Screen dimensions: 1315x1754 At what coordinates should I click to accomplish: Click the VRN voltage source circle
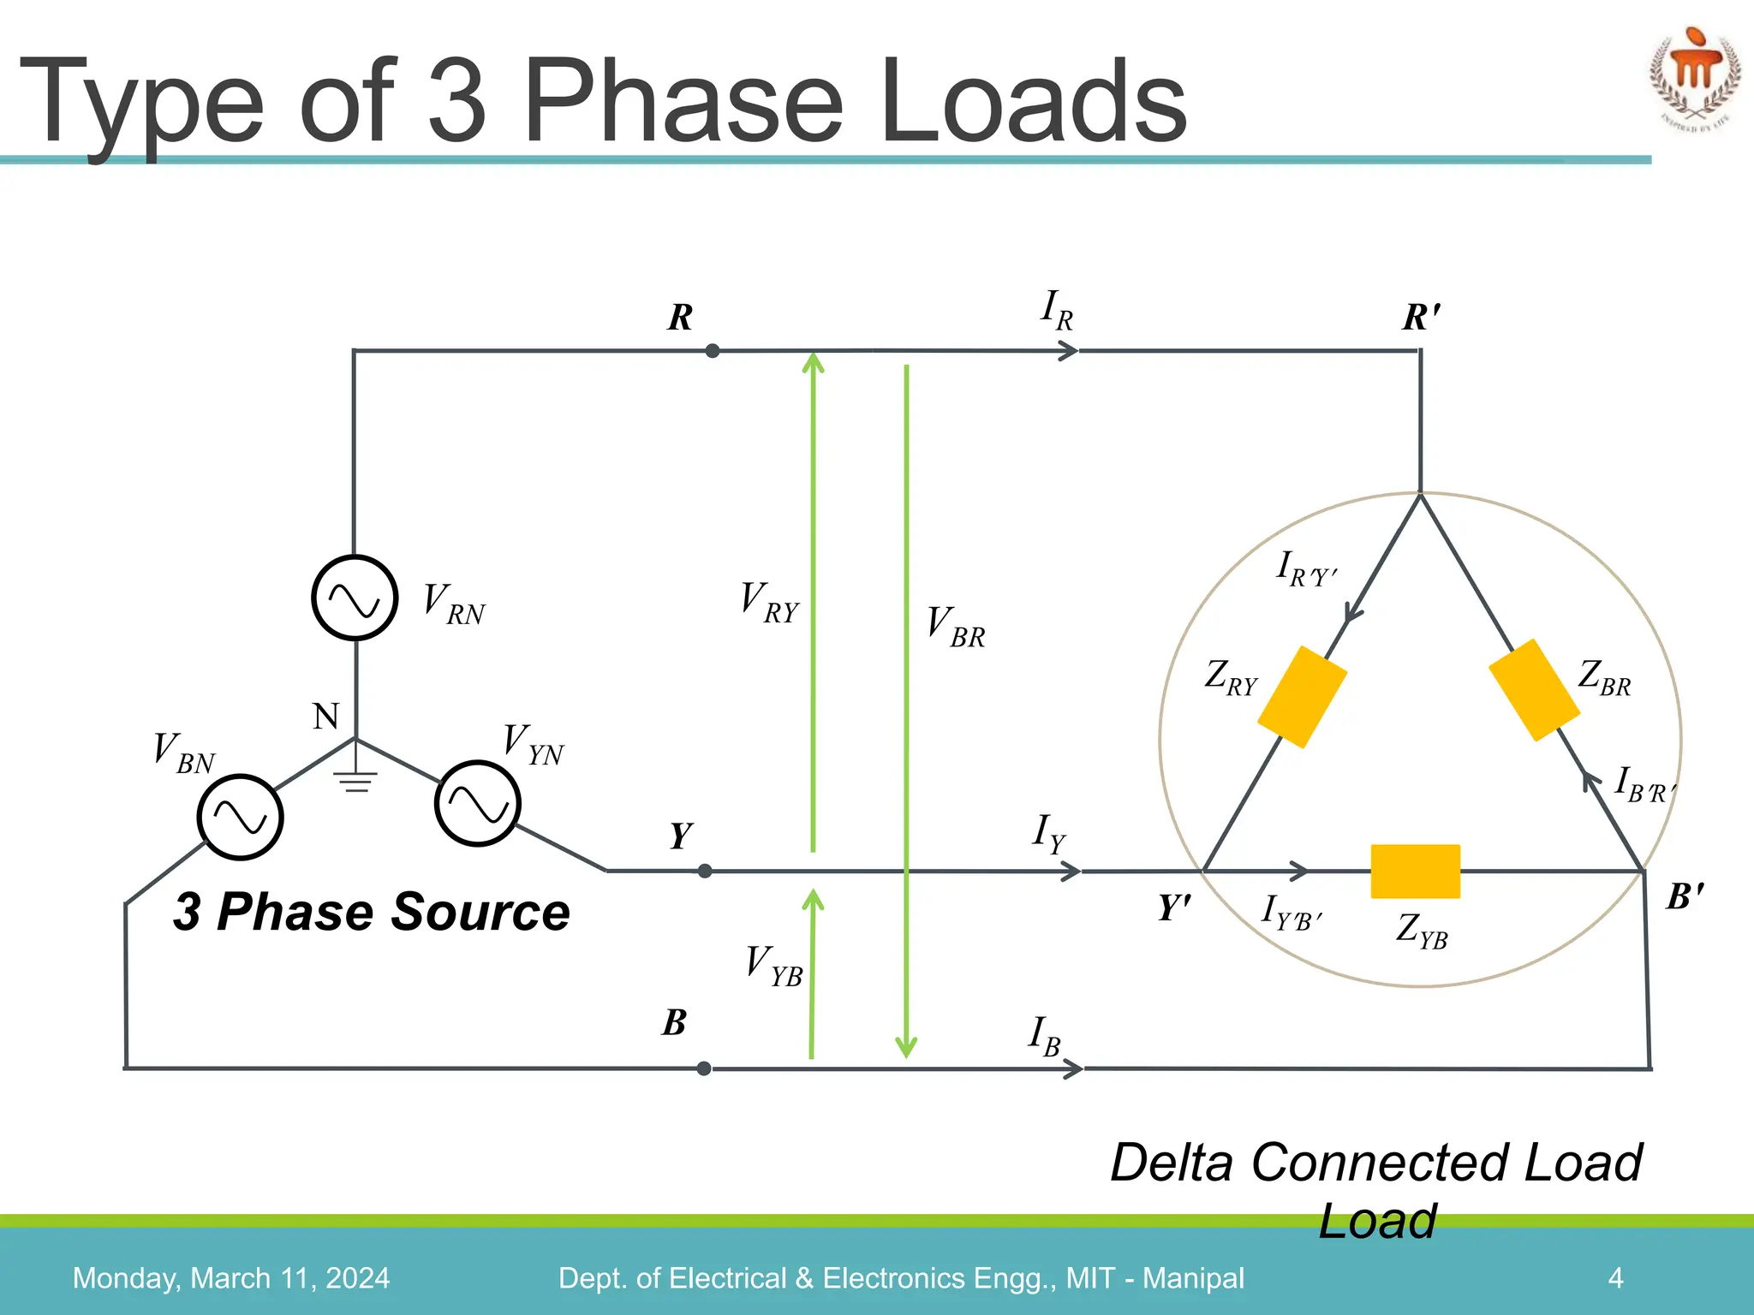pos(354,598)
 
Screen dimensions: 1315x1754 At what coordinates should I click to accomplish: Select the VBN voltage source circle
pos(240,817)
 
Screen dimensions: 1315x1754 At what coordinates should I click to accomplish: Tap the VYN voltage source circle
pos(477,804)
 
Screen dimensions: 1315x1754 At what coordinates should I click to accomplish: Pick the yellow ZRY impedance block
pos(1302,697)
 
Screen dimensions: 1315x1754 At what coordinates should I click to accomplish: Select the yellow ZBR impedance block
pos(1534,690)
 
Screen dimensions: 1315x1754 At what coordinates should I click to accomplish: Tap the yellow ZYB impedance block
pos(1415,872)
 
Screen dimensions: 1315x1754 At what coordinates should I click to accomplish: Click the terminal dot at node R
pos(712,351)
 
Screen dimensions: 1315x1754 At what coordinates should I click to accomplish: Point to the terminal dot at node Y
pos(705,872)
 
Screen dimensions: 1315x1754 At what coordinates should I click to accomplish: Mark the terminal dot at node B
pos(704,1068)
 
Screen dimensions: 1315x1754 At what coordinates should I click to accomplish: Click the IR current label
pos(1057,311)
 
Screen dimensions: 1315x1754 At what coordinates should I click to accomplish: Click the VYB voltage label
pos(773,966)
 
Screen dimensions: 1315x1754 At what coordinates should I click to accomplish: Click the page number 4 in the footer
pos(1615,1278)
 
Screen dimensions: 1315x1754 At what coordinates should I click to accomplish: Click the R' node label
pos(1422,318)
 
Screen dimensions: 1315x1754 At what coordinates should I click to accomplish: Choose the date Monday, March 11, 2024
pos(231,1278)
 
